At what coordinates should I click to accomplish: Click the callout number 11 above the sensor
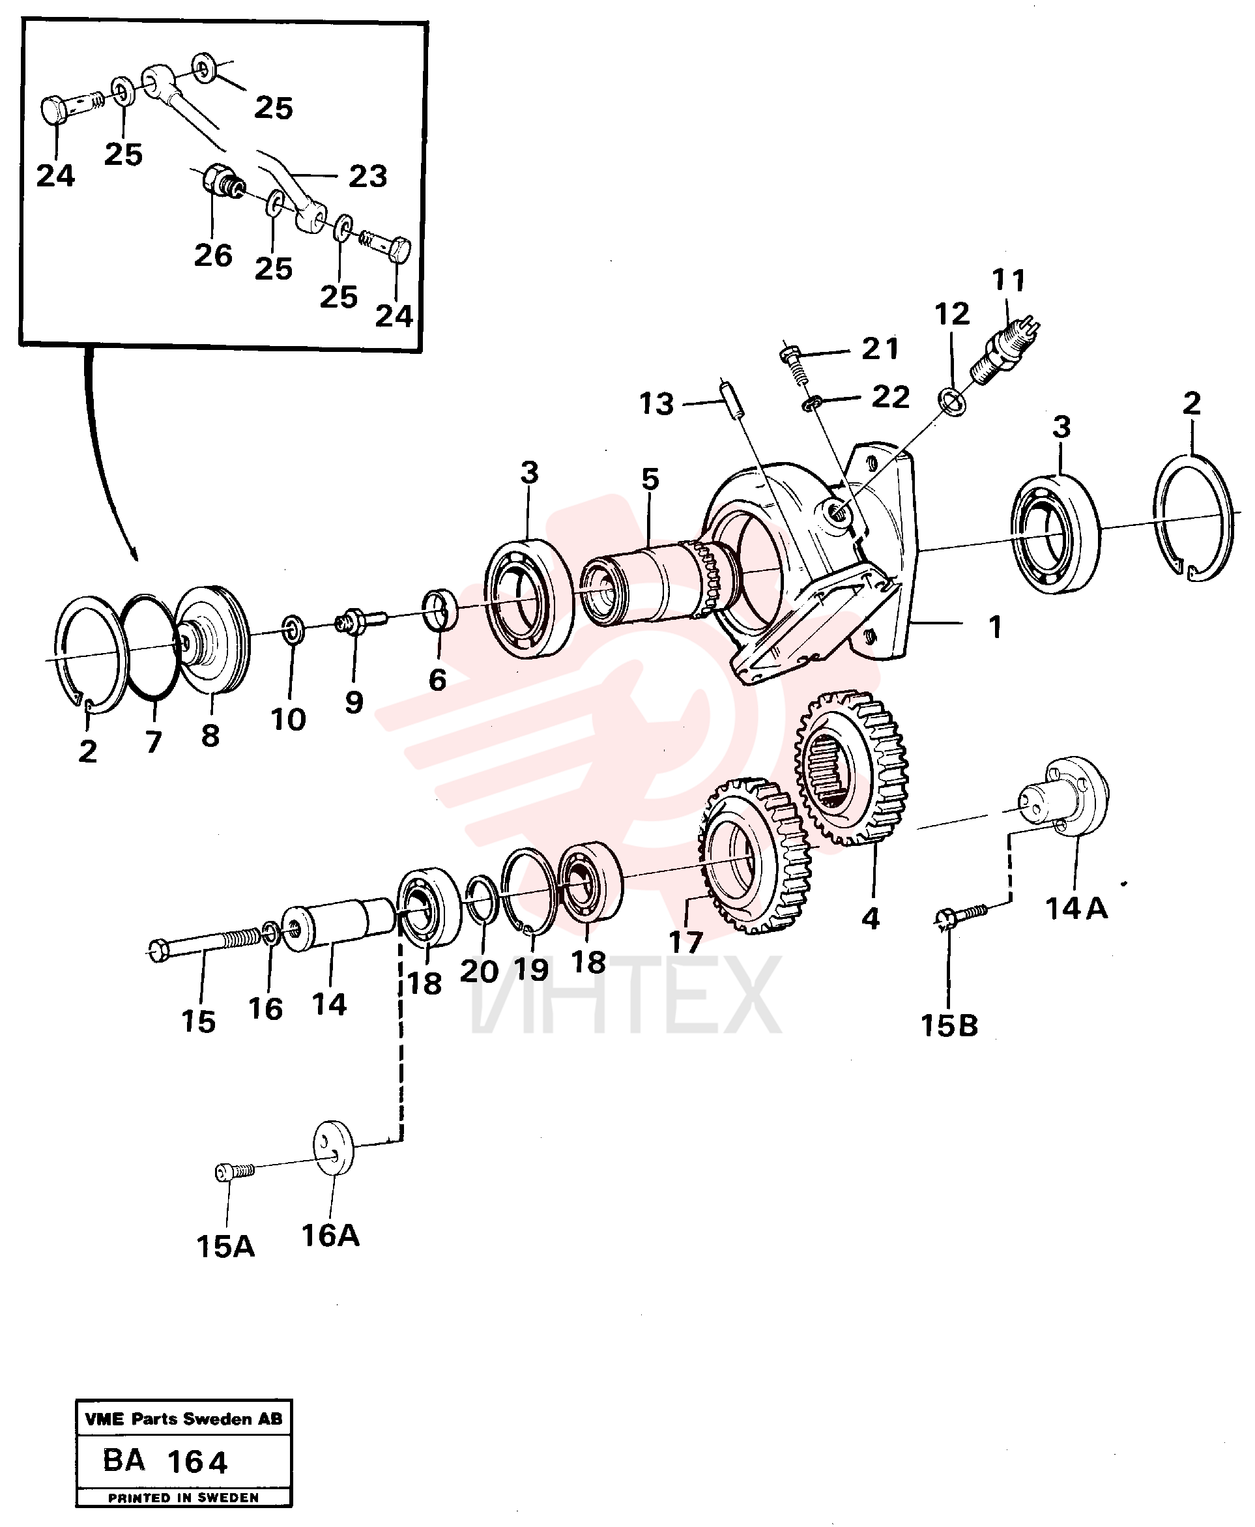(1009, 280)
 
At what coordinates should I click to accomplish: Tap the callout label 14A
(1076, 908)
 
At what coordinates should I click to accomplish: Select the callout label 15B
(949, 1025)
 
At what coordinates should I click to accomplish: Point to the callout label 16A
(330, 1236)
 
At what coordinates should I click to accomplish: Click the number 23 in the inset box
(368, 176)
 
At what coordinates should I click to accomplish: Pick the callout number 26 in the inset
(213, 255)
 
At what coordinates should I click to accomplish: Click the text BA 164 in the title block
(165, 1461)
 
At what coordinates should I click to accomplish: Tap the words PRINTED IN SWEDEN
(184, 1498)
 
